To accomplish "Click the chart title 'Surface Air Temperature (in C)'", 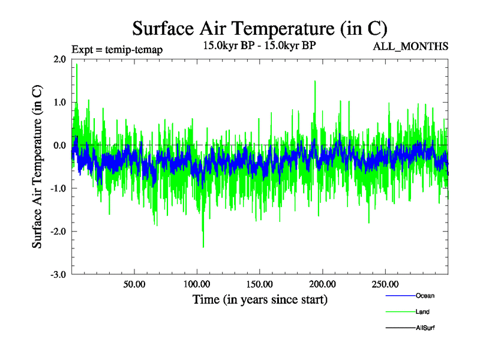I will pos(260,28).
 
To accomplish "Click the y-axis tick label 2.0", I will pos(59,59).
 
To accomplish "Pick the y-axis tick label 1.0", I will pos(59,102).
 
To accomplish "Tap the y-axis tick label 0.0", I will pos(59,145).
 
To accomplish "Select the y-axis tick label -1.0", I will pos(58,188).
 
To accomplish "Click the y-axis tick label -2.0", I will pos(58,232).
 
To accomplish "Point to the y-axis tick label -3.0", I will pos(58,274).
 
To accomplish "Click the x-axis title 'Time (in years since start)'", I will pos(260,299).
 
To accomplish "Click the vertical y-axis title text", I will pos(37,166).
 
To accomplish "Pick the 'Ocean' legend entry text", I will pos(425,296).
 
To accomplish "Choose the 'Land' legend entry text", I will pos(422,312).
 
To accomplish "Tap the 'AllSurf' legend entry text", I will pos(425,328).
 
